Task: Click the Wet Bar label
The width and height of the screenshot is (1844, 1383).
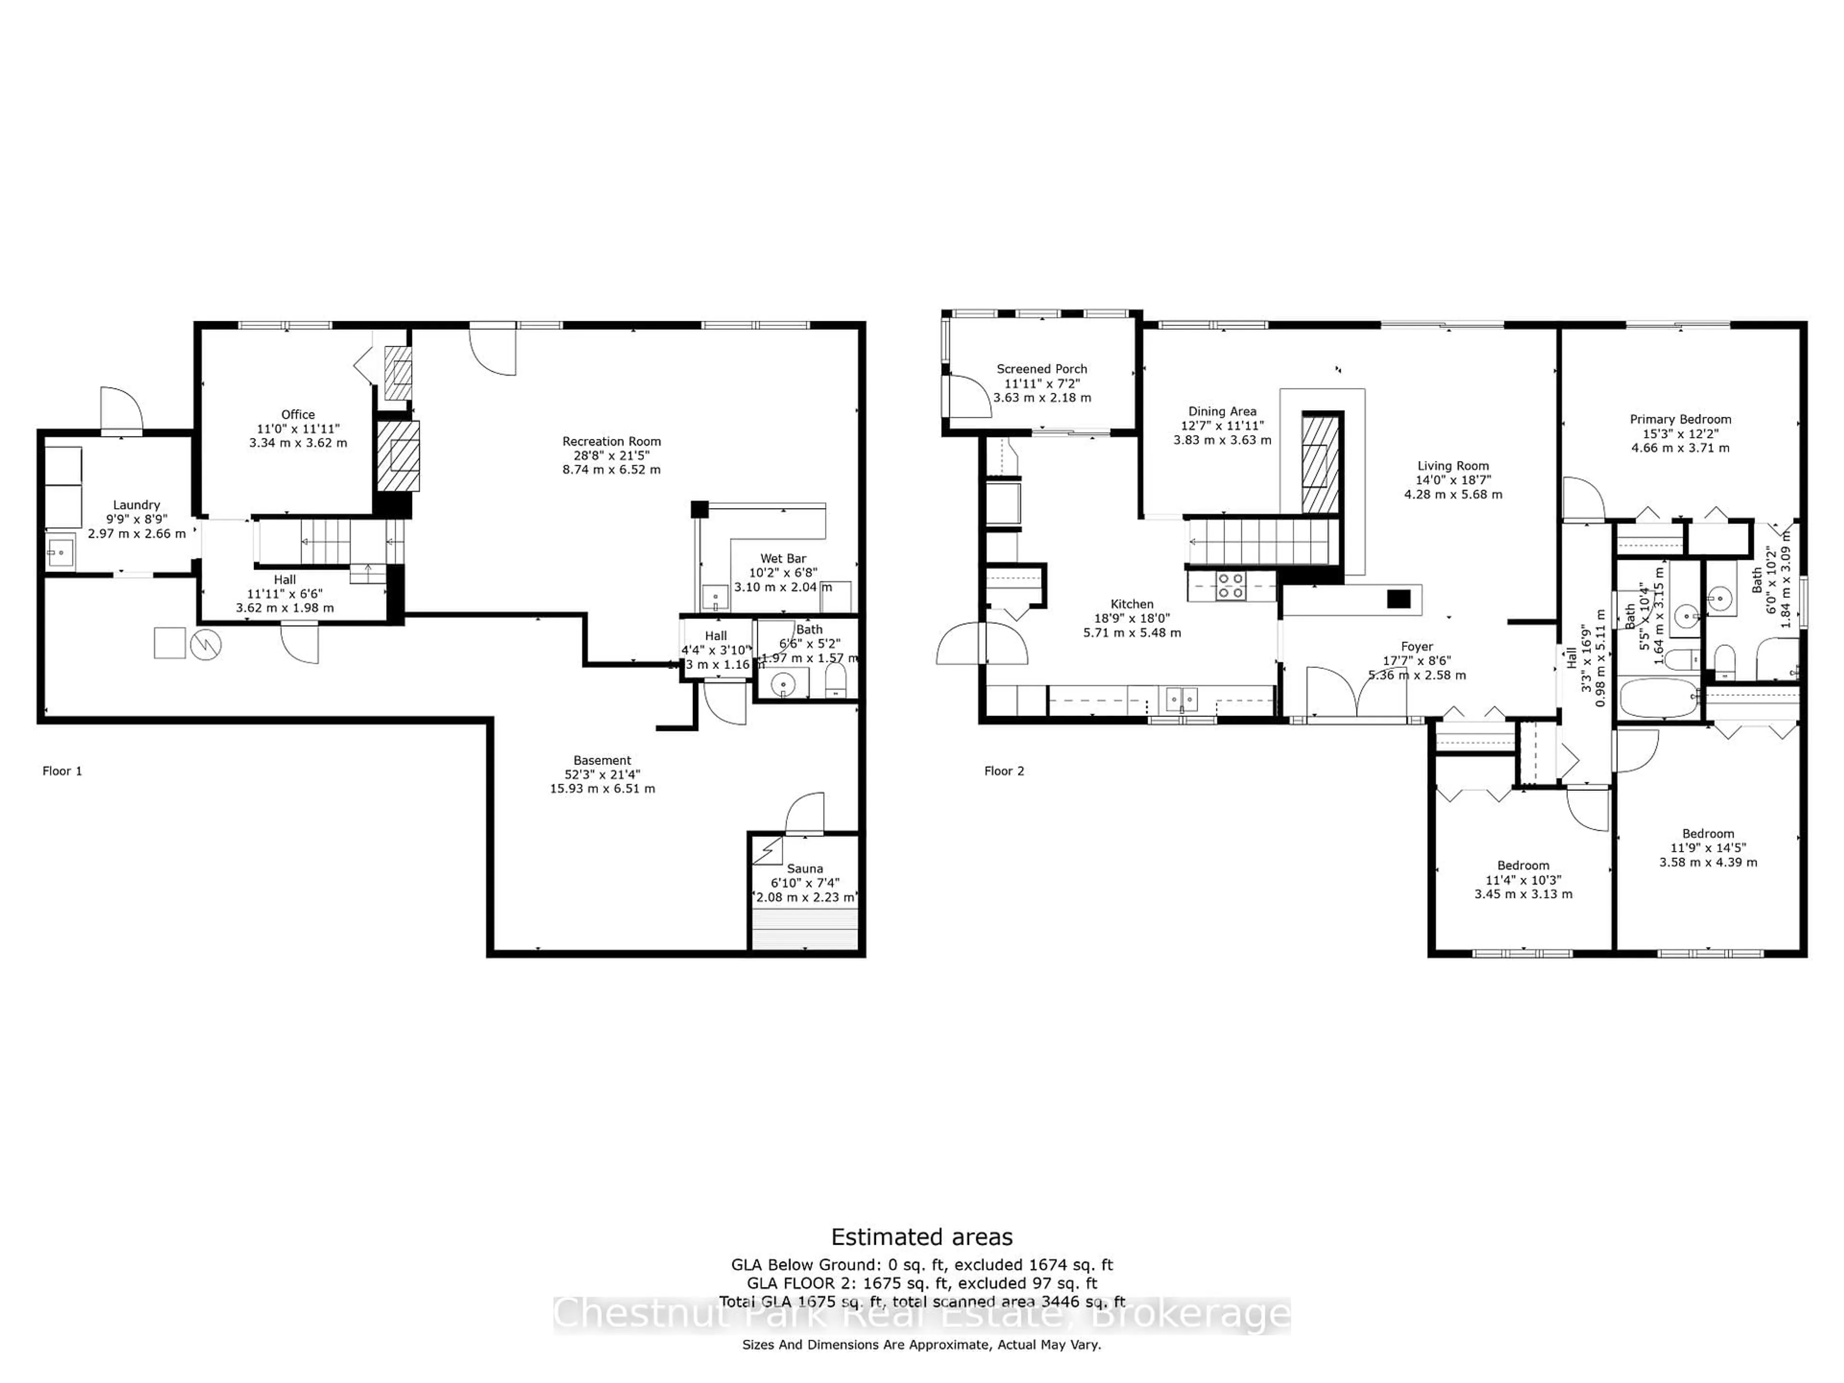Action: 783,558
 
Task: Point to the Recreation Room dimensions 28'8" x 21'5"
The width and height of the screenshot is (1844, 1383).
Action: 611,455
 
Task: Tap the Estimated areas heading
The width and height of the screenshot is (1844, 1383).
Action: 922,1236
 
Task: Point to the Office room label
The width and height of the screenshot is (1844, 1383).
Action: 298,414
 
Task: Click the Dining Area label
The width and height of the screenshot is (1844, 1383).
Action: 1222,411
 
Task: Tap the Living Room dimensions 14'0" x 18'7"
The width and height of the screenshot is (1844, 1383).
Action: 1453,480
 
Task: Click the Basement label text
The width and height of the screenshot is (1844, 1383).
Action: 602,760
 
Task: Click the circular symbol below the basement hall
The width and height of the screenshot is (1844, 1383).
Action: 206,643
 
